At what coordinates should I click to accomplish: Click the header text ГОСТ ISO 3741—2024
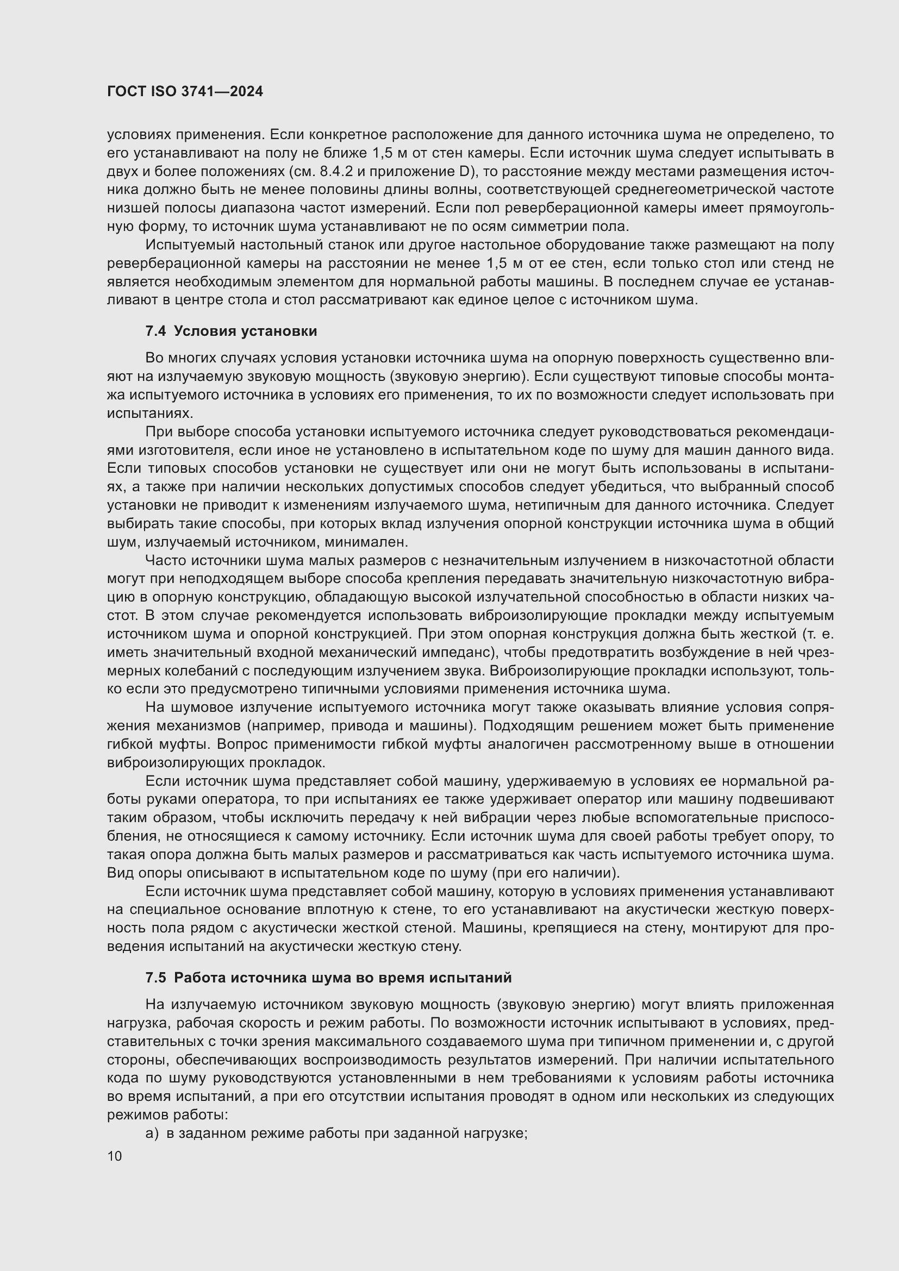[x=185, y=92]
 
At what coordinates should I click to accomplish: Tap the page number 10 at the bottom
[x=115, y=1156]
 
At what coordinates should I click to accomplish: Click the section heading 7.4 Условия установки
[x=231, y=331]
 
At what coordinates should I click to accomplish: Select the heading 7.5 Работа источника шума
[x=328, y=978]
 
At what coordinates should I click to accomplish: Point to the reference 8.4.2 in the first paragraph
[x=336, y=172]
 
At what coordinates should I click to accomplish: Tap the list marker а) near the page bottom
[x=152, y=1133]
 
